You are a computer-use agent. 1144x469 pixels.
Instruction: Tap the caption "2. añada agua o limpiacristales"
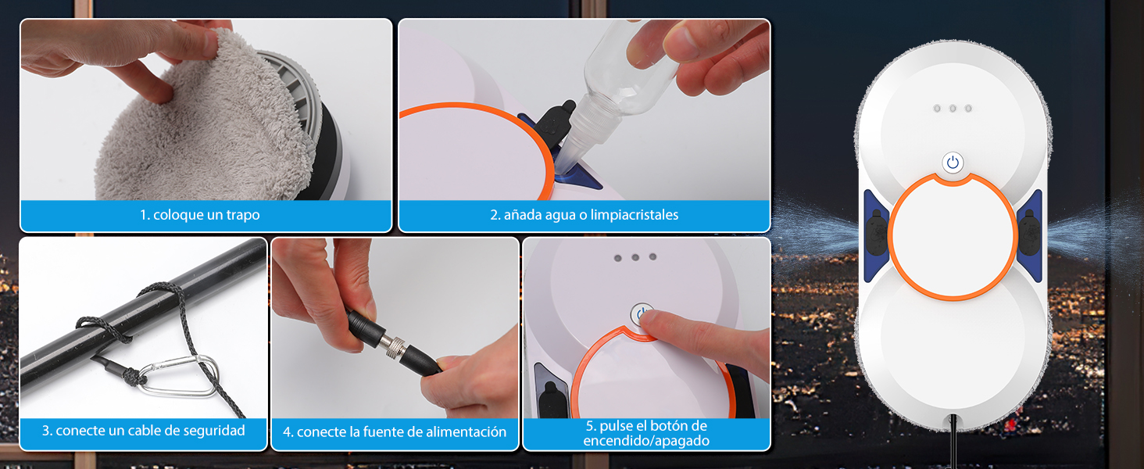coord(584,215)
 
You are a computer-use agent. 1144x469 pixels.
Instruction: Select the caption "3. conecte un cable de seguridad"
coord(143,431)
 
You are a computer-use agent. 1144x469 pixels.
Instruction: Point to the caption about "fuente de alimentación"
coord(395,432)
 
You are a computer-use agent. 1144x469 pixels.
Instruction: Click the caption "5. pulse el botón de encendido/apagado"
coord(646,433)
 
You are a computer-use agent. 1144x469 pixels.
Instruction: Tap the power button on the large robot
coord(952,163)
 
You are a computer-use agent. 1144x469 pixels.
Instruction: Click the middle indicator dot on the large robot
coord(952,108)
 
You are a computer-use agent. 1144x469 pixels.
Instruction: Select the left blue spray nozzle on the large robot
coord(874,234)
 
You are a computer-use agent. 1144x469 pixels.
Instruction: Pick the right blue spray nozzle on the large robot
coord(1029,234)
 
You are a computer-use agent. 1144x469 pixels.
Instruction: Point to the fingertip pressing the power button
coord(655,320)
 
